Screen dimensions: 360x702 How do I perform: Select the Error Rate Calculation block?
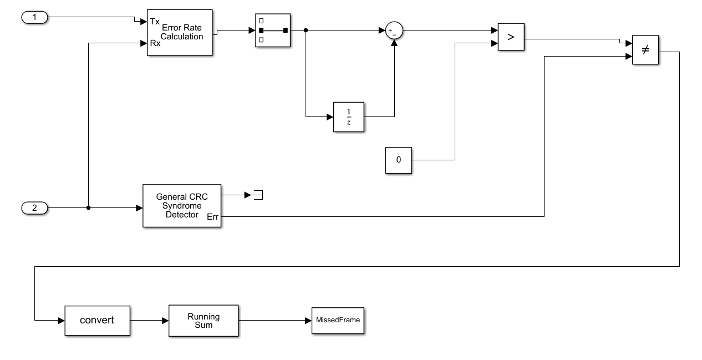pyautogui.click(x=180, y=32)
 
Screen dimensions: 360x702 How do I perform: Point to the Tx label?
pyautogui.click(x=155, y=22)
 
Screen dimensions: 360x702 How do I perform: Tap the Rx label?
pyautogui.click(x=155, y=43)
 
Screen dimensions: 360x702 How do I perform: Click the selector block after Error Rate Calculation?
pyautogui.click(x=273, y=31)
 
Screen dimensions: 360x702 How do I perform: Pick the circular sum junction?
pyautogui.click(x=394, y=31)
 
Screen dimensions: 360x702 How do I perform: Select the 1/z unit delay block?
pyautogui.click(x=349, y=116)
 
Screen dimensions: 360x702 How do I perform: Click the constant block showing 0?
pyautogui.click(x=399, y=160)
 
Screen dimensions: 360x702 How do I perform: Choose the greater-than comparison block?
pyautogui.click(x=511, y=37)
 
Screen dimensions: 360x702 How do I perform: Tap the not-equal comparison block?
pyautogui.click(x=645, y=50)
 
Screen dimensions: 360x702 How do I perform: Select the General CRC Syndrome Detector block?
pyautogui.click(x=182, y=205)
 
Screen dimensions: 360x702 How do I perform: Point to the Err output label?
pyautogui.click(x=212, y=217)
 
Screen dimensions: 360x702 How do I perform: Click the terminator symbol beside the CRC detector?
pyautogui.click(x=258, y=195)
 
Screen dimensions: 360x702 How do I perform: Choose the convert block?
pyautogui.click(x=97, y=320)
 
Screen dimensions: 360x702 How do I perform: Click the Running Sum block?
pyautogui.click(x=203, y=320)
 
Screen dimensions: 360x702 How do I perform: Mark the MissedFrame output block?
pyautogui.click(x=338, y=320)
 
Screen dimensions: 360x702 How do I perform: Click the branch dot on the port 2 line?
pyautogui.click(x=89, y=208)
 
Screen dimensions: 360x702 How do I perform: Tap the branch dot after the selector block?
pyautogui.click(x=306, y=31)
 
